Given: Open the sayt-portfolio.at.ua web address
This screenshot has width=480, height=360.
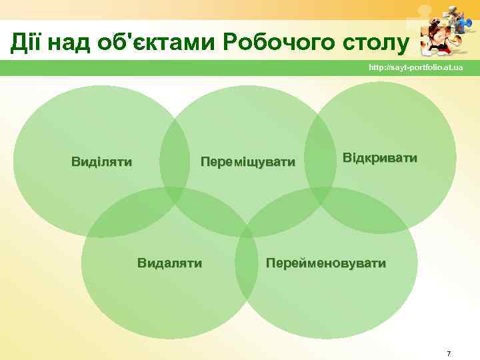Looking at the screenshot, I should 416,69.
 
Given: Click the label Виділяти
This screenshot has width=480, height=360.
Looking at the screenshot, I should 101,161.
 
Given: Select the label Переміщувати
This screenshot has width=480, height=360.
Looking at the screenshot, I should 248,161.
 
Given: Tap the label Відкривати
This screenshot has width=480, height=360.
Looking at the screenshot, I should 380,159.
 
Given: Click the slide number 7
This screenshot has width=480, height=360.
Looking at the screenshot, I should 449,353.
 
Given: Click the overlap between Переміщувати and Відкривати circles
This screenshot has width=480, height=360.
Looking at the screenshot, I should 320,160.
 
